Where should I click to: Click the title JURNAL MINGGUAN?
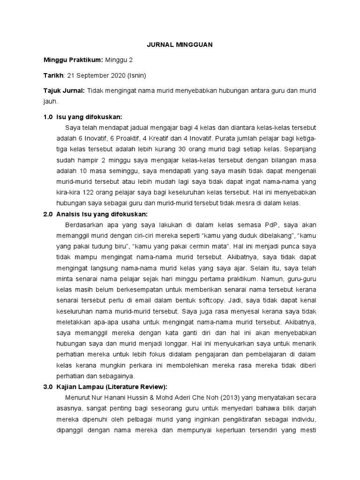tap(180, 45)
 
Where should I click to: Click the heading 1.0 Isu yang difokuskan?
tap(82, 117)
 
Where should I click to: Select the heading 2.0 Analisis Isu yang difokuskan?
tap(95, 214)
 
